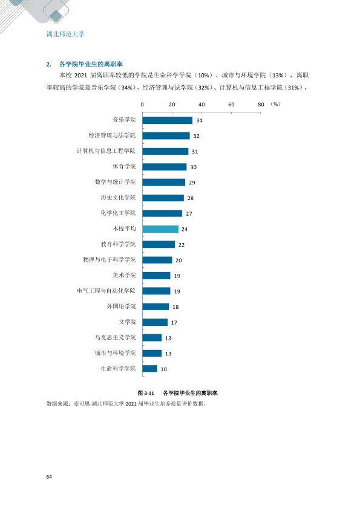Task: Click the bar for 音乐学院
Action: coord(168,120)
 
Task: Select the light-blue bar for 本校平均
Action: coord(160,229)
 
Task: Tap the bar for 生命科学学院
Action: coord(150,369)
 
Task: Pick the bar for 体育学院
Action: coord(165,167)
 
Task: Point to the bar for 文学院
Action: coord(155,322)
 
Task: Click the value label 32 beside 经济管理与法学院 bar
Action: coord(196,136)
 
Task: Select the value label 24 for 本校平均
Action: coord(185,229)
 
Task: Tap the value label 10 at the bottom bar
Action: coord(164,369)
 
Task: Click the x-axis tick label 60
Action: coord(231,105)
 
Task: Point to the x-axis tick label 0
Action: coord(142,105)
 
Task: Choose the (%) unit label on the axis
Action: coord(275,104)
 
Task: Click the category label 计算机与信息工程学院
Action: coord(106,151)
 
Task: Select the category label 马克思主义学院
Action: coord(115,337)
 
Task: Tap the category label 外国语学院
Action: coord(121,306)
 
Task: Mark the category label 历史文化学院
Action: coord(118,198)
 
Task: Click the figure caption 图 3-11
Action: coord(146,393)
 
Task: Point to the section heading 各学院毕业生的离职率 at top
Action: coord(91,64)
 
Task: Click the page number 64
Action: coord(49,476)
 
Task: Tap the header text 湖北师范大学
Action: coord(65,34)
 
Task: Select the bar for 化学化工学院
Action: coord(162,213)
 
